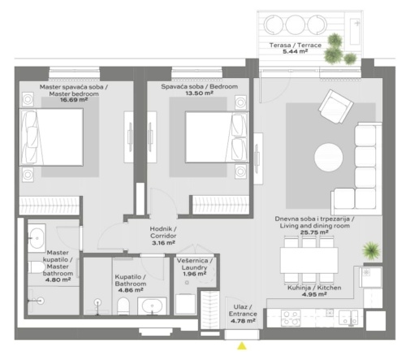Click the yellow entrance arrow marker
point(242,346)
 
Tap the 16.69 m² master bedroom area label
point(74,100)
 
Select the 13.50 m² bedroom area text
point(199,93)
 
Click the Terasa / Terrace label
point(296,46)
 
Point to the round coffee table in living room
point(329,157)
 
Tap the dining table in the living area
point(309,260)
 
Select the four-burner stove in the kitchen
point(291,318)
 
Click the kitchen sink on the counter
point(348,318)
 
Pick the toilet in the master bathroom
point(36,267)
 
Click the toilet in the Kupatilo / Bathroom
point(123,306)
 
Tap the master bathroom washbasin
point(37,238)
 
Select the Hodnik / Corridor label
point(163,232)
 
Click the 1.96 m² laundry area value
point(195,274)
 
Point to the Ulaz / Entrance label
point(243,310)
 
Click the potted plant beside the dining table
point(372,251)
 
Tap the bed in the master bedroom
point(51,137)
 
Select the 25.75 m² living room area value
point(314,232)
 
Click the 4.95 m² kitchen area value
point(314,294)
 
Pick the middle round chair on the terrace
point(296,24)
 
